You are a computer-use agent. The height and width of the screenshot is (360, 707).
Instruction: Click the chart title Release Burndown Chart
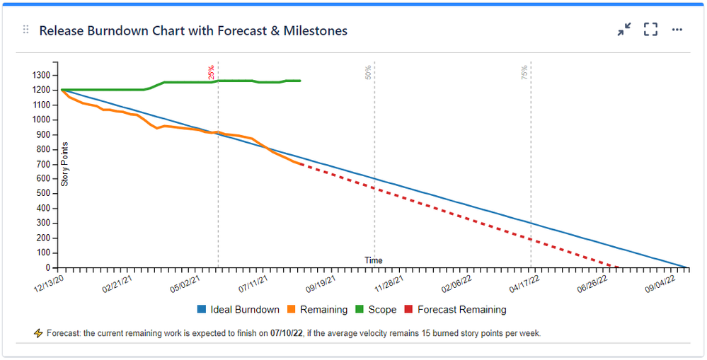(193, 31)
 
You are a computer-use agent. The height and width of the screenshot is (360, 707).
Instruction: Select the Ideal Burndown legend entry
(244, 310)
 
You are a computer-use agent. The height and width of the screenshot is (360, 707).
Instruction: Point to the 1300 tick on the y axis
(40, 75)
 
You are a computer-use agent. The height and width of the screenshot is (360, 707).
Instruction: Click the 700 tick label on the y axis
(43, 164)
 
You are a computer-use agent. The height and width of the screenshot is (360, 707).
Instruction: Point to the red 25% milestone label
(211, 72)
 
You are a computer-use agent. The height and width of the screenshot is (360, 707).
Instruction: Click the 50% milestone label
(368, 72)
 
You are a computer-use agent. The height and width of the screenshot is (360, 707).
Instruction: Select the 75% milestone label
(524, 72)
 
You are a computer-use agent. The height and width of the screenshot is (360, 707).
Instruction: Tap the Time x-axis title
(374, 260)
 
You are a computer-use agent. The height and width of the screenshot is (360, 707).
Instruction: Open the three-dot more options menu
(677, 30)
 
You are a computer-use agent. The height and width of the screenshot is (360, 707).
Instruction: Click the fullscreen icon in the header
(650, 30)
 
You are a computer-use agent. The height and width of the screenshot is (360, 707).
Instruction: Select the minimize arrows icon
(623, 30)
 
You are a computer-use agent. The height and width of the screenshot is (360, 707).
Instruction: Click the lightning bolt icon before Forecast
(38, 332)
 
